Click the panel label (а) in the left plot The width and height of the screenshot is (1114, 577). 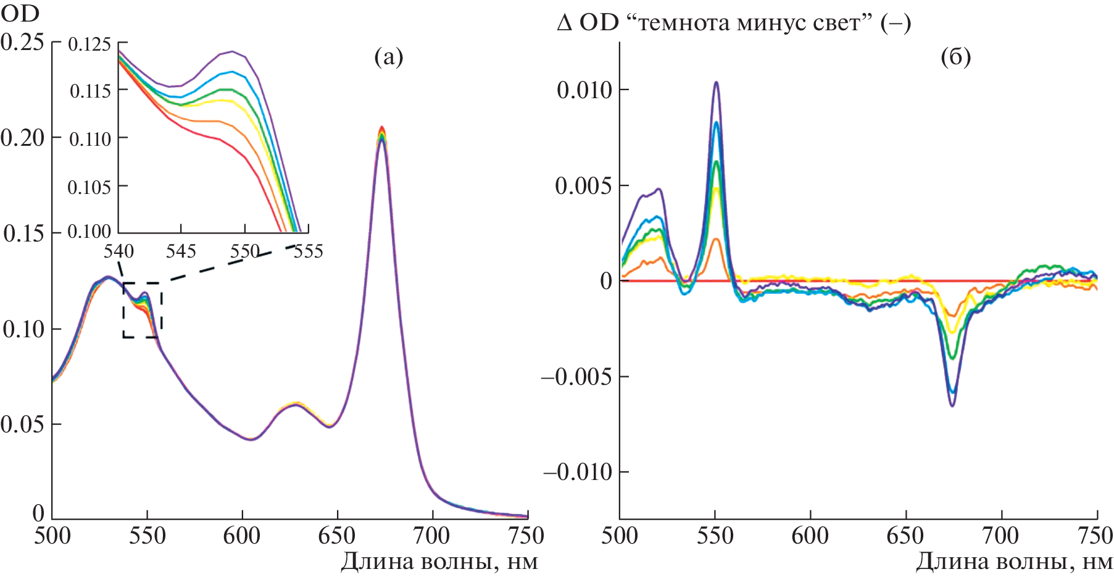(x=388, y=57)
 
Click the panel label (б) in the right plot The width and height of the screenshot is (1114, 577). (x=955, y=57)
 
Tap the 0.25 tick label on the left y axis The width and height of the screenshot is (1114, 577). (x=23, y=42)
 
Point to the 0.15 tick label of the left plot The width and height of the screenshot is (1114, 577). (x=24, y=234)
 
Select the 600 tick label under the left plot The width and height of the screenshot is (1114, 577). (x=242, y=536)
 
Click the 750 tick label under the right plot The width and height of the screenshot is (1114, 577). (x=1095, y=536)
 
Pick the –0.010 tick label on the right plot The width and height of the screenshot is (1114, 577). (x=578, y=473)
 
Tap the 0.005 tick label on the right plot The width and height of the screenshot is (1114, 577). (x=584, y=186)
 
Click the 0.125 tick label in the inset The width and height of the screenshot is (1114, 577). (x=89, y=44)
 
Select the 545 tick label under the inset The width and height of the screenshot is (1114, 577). (x=181, y=251)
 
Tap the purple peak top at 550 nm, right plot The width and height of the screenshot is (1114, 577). (x=717, y=82)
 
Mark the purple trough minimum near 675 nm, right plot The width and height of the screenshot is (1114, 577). (x=953, y=405)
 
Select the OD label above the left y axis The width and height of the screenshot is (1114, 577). (x=20, y=13)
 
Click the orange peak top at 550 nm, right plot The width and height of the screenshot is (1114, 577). (x=716, y=239)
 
